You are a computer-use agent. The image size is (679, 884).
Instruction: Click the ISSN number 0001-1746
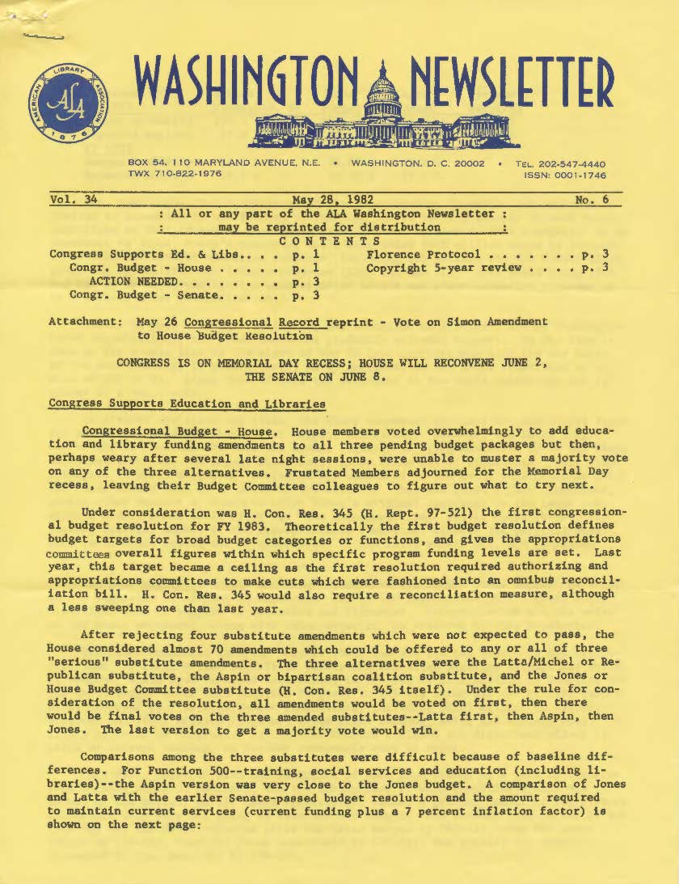tap(576, 175)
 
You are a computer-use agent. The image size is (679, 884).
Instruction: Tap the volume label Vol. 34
tap(73, 199)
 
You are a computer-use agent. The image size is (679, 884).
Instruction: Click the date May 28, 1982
tap(331, 199)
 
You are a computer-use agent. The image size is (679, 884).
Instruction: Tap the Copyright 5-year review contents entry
tap(444, 268)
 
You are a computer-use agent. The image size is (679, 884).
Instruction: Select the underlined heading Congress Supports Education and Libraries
tap(187, 403)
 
